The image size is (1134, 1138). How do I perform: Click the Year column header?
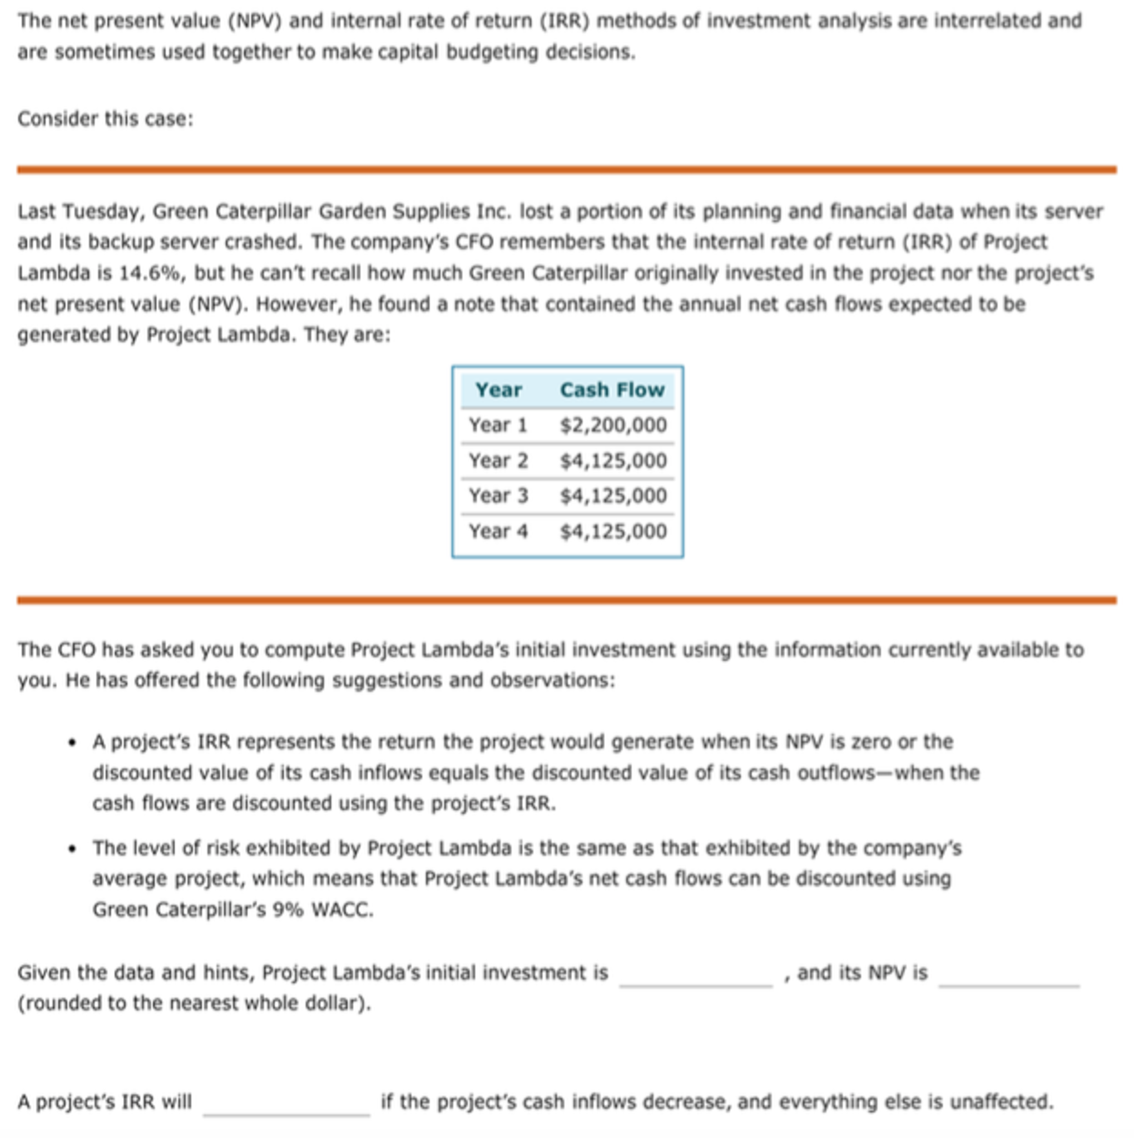pos(498,390)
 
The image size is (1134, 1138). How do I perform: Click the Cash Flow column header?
pos(612,390)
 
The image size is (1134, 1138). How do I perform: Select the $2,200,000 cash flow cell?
pos(613,425)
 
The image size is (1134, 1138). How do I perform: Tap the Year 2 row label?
pos(498,461)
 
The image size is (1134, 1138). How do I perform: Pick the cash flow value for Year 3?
pos(613,496)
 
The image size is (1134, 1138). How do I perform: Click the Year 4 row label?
pos(498,531)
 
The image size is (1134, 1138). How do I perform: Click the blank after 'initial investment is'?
pos(696,973)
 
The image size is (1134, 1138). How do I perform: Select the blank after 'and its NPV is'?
pos(1009,973)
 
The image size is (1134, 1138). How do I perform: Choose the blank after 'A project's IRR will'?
pos(286,1102)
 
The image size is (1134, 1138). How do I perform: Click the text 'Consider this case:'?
pos(106,119)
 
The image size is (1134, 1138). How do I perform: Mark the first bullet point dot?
pos(72,743)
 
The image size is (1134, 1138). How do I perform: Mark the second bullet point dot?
pos(72,849)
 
